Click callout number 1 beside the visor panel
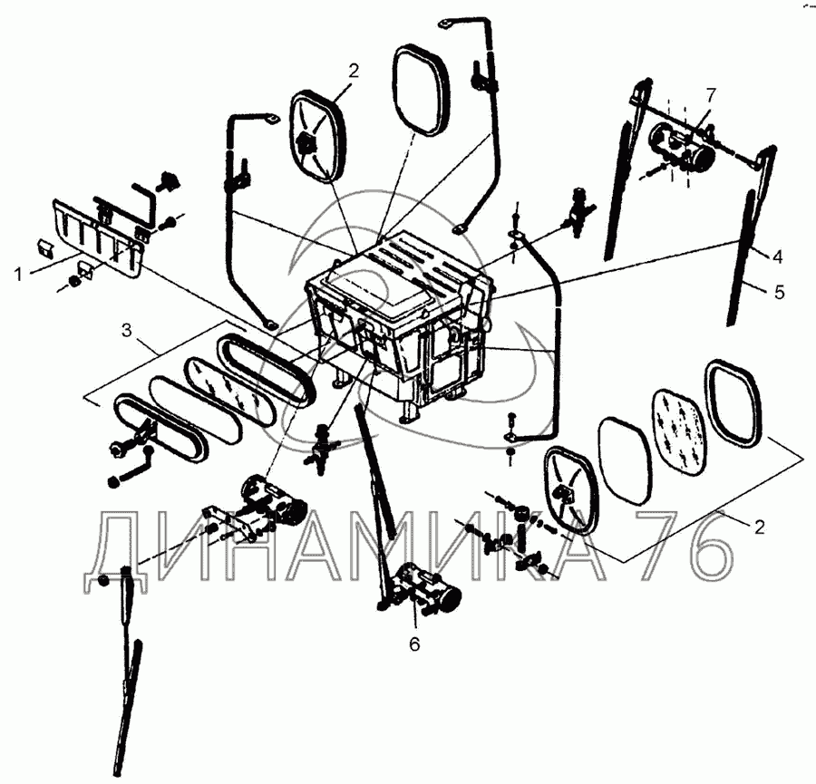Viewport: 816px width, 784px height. pyautogui.click(x=19, y=275)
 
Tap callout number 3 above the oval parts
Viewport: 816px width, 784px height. pyautogui.click(x=127, y=330)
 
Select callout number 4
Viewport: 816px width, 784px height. pyautogui.click(x=778, y=257)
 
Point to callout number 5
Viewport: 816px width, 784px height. pyautogui.click(x=779, y=293)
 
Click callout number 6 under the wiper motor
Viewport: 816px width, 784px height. pyautogui.click(x=414, y=644)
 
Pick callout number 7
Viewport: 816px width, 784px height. pyautogui.click(x=711, y=95)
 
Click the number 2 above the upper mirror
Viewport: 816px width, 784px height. pyautogui.click(x=354, y=71)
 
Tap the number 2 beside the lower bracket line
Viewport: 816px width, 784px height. pyautogui.click(x=759, y=527)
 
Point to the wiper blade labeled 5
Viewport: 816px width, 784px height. pyautogui.click(x=740, y=258)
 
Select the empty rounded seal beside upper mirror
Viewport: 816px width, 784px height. pyautogui.click(x=421, y=90)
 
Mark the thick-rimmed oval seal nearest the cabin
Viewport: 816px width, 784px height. pyautogui.click(x=266, y=371)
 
